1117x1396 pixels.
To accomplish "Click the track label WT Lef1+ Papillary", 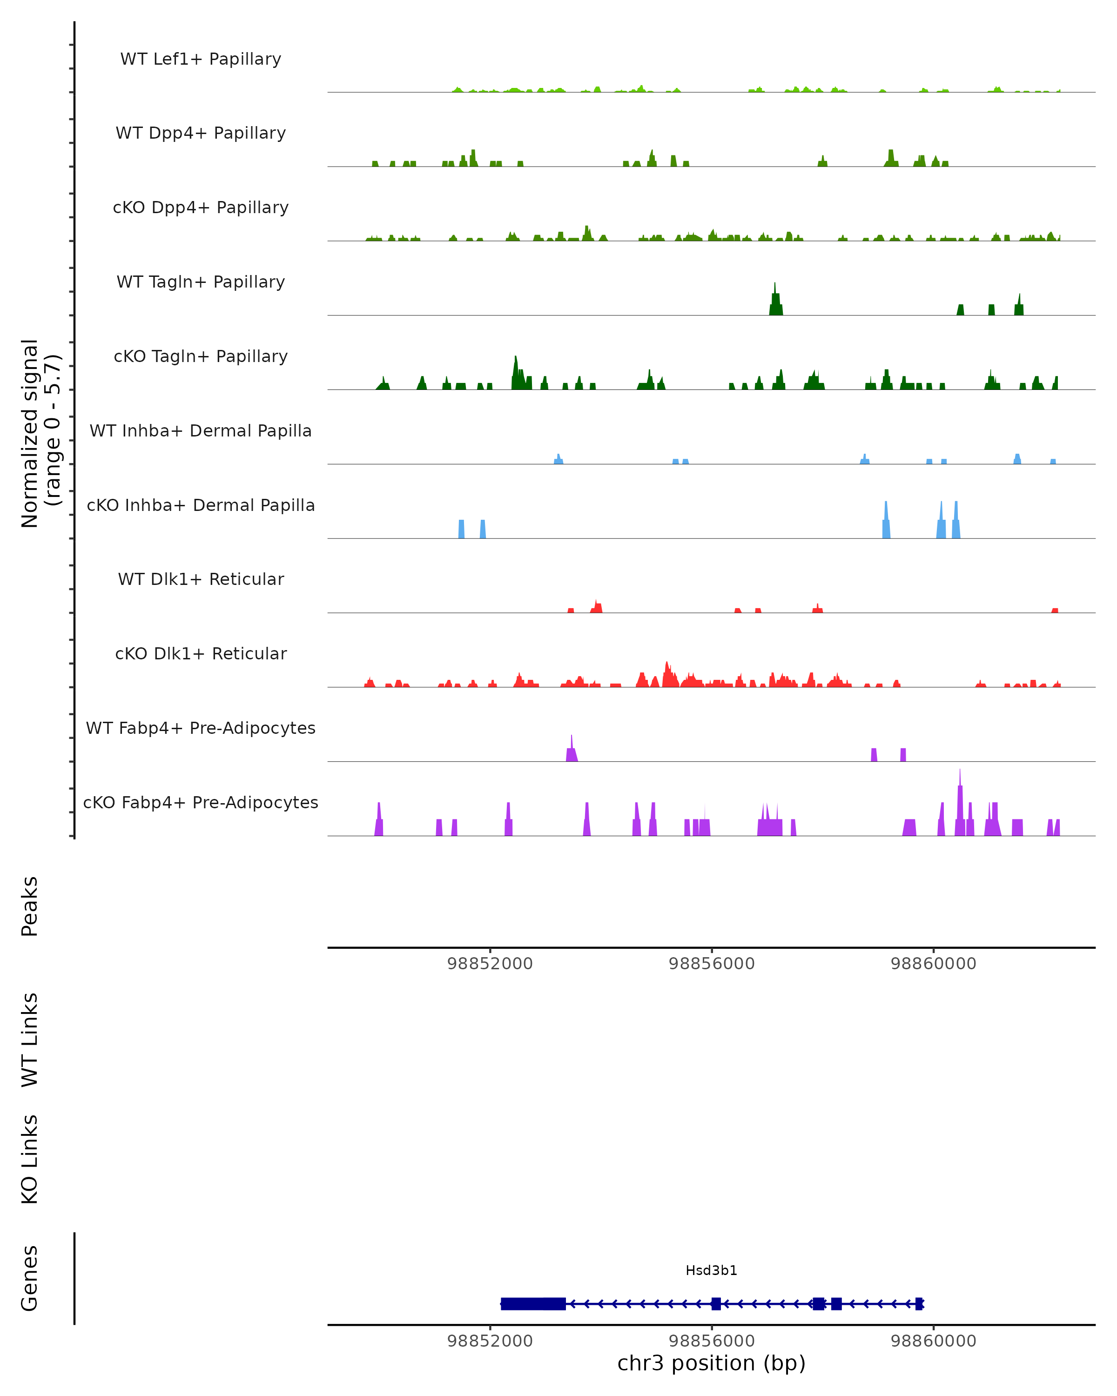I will coord(201,59).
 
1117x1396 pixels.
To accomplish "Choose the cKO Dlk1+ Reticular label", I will coord(201,653).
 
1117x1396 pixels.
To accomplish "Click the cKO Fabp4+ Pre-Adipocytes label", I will coord(201,802).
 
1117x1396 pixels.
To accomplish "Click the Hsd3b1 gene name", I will coord(711,1270).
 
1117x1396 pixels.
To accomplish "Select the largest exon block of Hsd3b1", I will coord(533,1303).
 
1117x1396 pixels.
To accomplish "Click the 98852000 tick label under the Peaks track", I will coord(490,964).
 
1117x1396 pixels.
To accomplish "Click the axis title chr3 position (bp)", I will coord(711,1363).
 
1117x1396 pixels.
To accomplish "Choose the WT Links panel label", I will coord(30,1039).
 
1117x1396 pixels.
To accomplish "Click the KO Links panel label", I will coord(30,1160).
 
